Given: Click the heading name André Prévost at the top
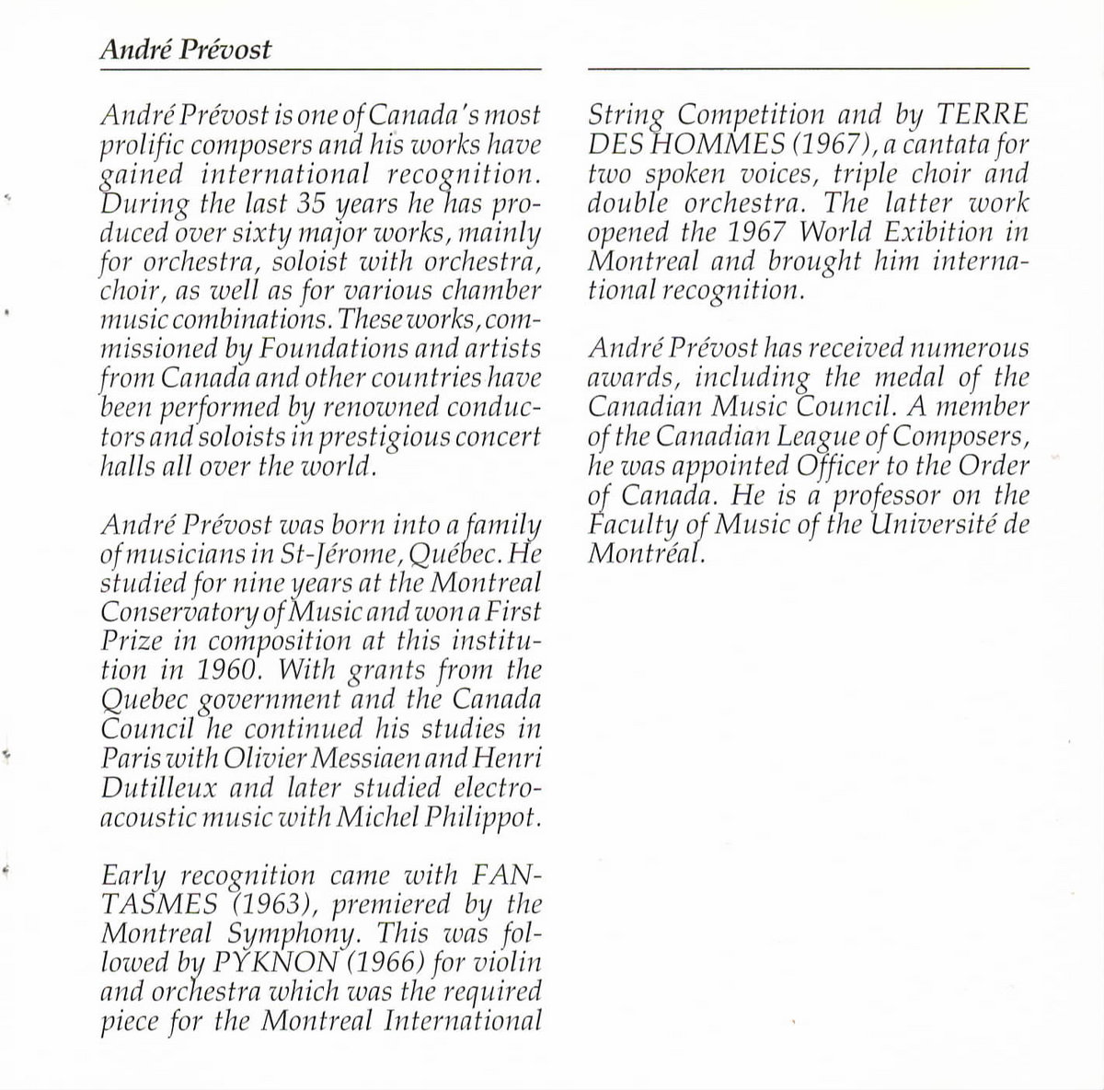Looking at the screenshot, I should click(185, 49).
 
